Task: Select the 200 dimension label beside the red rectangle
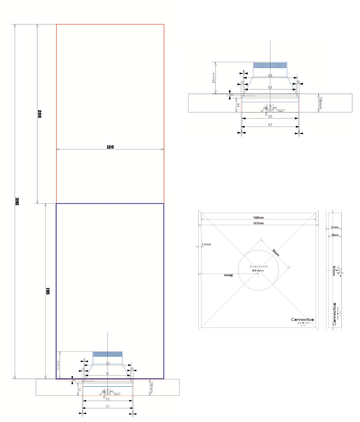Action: click(39, 114)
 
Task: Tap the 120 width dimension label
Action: click(110, 147)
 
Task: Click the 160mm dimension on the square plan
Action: click(258, 218)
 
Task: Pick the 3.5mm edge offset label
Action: click(206, 244)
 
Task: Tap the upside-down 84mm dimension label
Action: click(229, 275)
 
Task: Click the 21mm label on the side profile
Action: click(335, 228)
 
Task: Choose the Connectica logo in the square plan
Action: click(302, 320)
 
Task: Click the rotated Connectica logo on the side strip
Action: click(334, 314)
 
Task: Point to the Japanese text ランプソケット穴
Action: click(258, 267)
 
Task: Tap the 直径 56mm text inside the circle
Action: click(258, 271)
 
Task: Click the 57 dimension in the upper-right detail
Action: click(270, 125)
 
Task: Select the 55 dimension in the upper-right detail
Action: click(270, 116)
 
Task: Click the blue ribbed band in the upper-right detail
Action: click(270, 65)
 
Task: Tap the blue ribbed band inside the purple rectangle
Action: click(108, 354)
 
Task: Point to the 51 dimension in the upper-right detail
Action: click(270, 87)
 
